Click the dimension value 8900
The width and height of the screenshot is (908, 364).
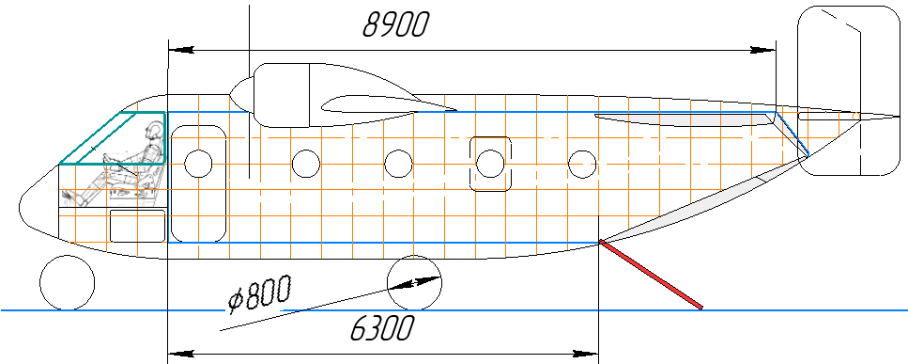[x=395, y=24]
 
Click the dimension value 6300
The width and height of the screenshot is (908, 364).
[x=382, y=329]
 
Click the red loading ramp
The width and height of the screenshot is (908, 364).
[x=652, y=275]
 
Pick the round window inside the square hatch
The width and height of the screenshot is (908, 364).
[x=489, y=164]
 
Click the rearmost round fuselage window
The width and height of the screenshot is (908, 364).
[x=583, y=164]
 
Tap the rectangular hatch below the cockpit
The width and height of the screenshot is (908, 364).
[x=137, y=226]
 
